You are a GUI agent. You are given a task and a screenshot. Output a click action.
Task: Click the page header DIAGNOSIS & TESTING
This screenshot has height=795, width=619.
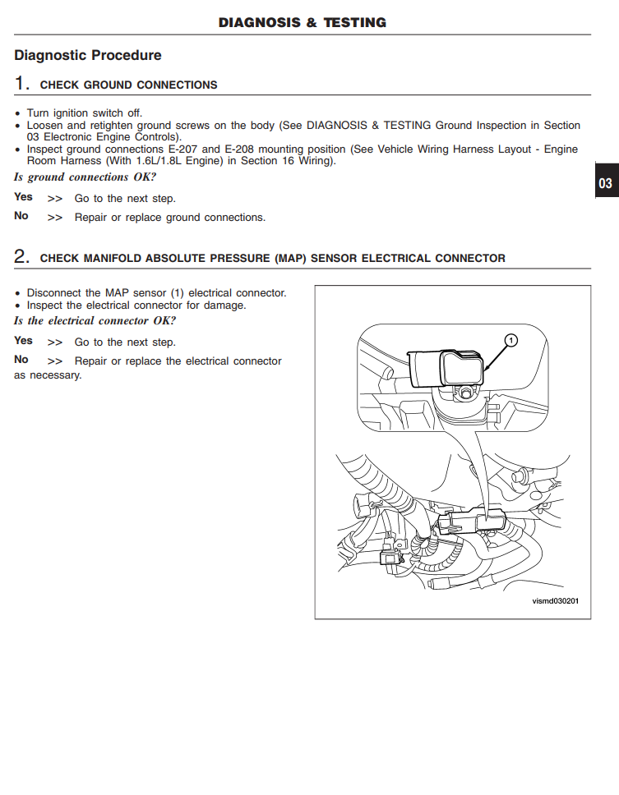302,23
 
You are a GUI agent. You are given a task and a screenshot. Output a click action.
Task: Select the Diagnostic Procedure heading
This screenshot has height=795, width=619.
88,56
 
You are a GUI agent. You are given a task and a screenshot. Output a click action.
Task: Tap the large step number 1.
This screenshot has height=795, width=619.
22,84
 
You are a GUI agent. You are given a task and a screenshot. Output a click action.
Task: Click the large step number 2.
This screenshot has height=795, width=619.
22,257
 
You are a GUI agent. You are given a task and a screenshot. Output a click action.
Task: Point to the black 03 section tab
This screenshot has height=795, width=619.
605,183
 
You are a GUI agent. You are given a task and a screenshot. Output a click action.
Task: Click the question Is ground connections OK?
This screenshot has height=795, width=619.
85,177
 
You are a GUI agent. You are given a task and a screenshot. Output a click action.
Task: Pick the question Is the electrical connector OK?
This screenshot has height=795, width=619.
95,321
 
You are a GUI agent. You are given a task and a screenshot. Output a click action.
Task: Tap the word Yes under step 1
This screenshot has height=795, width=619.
23,197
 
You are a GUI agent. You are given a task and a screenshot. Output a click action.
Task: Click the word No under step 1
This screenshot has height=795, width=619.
21,216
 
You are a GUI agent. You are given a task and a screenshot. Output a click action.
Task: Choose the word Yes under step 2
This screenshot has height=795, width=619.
23,341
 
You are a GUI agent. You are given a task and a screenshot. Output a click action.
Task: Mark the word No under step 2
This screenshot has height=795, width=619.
21,360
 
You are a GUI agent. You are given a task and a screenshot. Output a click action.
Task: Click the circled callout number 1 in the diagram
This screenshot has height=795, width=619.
510,339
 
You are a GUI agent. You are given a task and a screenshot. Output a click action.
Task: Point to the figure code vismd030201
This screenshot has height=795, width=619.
556,601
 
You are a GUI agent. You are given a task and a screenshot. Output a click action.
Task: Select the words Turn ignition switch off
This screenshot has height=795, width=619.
85,113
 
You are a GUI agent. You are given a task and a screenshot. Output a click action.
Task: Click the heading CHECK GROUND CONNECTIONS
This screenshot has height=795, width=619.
129,85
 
